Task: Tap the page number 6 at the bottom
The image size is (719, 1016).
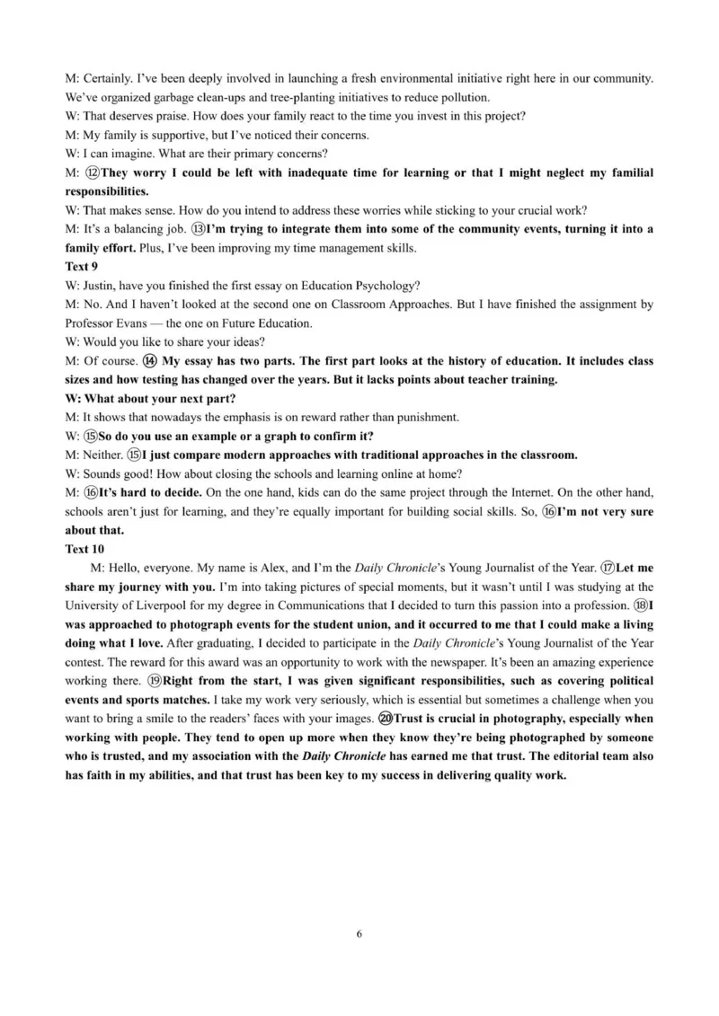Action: coord(359,933)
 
